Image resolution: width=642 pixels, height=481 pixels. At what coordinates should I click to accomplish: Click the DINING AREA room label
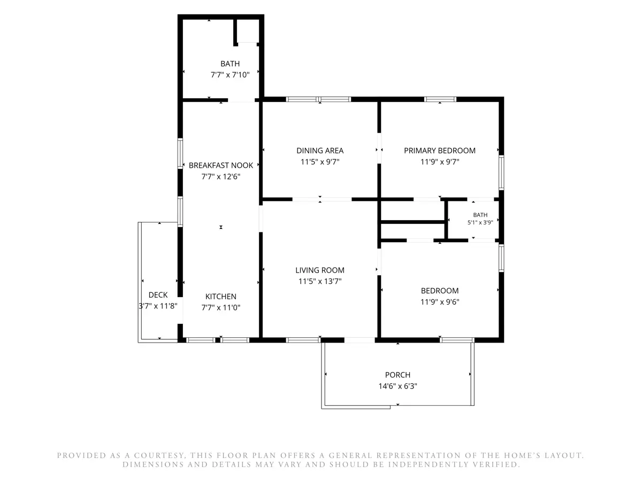point(320,151)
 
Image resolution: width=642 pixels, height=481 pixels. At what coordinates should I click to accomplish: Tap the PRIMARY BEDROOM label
point(440,151)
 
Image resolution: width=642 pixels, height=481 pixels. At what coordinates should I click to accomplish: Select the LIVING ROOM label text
point(320,270)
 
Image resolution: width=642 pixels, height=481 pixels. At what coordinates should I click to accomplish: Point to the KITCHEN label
point(220,297)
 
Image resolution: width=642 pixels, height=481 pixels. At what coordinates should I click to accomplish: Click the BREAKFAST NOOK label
point(221,165)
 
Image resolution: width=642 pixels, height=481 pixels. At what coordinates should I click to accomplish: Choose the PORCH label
point(398,375)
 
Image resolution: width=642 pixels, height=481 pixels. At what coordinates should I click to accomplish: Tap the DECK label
point(158,295)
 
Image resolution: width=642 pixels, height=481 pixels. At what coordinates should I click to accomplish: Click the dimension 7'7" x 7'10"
point(230,75)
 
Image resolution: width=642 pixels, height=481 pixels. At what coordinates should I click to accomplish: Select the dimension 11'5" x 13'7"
point(320,281)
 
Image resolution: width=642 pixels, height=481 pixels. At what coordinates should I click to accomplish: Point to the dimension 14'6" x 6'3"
point(398,386)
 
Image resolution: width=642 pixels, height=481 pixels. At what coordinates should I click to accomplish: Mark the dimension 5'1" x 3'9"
point(480,222)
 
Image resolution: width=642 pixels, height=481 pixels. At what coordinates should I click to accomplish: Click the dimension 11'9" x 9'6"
point(440,302)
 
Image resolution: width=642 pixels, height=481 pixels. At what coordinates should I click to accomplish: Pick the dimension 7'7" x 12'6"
point(220,177)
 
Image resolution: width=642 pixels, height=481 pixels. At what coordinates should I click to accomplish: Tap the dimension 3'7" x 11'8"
point(158,306)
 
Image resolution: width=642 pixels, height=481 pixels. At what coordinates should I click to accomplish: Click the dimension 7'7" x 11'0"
point(220,307)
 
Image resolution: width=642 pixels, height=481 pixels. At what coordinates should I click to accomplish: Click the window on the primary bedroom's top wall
point(440,99)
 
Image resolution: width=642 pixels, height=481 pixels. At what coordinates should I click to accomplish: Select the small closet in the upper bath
point(248,31)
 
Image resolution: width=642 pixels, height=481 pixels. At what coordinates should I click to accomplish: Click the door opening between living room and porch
point(360,340)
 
